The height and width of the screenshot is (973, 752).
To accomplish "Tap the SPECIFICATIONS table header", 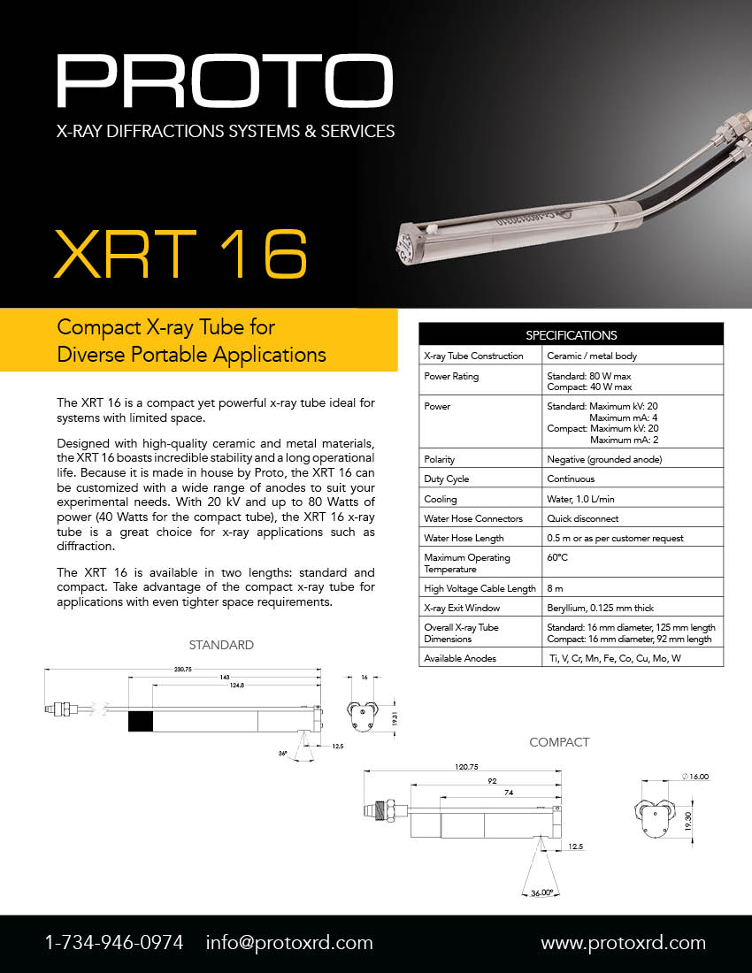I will pyautogui.click(x=571, y=335).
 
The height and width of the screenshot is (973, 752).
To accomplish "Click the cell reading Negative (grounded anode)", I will pyautogui.click(x=603, y=460).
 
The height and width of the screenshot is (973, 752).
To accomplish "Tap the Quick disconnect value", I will pyautogui.click(x=583, y=518).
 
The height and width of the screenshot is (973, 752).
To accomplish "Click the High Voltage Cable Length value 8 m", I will pyautogui.click(x=556, y=588).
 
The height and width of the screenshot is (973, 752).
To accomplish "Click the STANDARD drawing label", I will pyautogui.click(x=221, y=645).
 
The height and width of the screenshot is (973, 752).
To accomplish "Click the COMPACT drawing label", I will pyautogui.click(x=559, y=742).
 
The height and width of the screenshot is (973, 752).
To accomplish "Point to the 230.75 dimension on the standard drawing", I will pyautogui.click(x=183, y=670).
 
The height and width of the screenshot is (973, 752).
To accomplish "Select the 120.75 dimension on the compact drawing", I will pyautogui.click(x=466, y=767).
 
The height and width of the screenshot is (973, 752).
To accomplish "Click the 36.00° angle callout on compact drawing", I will pyautogui.click(x=541, y=893).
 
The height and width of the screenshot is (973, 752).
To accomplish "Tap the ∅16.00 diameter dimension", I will pyautogui.click(x=695, y=776).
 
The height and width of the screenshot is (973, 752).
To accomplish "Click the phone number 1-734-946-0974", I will pyautogui.click(x=114, y=943).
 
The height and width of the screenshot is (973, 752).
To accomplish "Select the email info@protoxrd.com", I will pyautogui.click(x=289, y=943).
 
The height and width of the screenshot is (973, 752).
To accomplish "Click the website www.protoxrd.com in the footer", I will pyautogui.click(x=623, y=943).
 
